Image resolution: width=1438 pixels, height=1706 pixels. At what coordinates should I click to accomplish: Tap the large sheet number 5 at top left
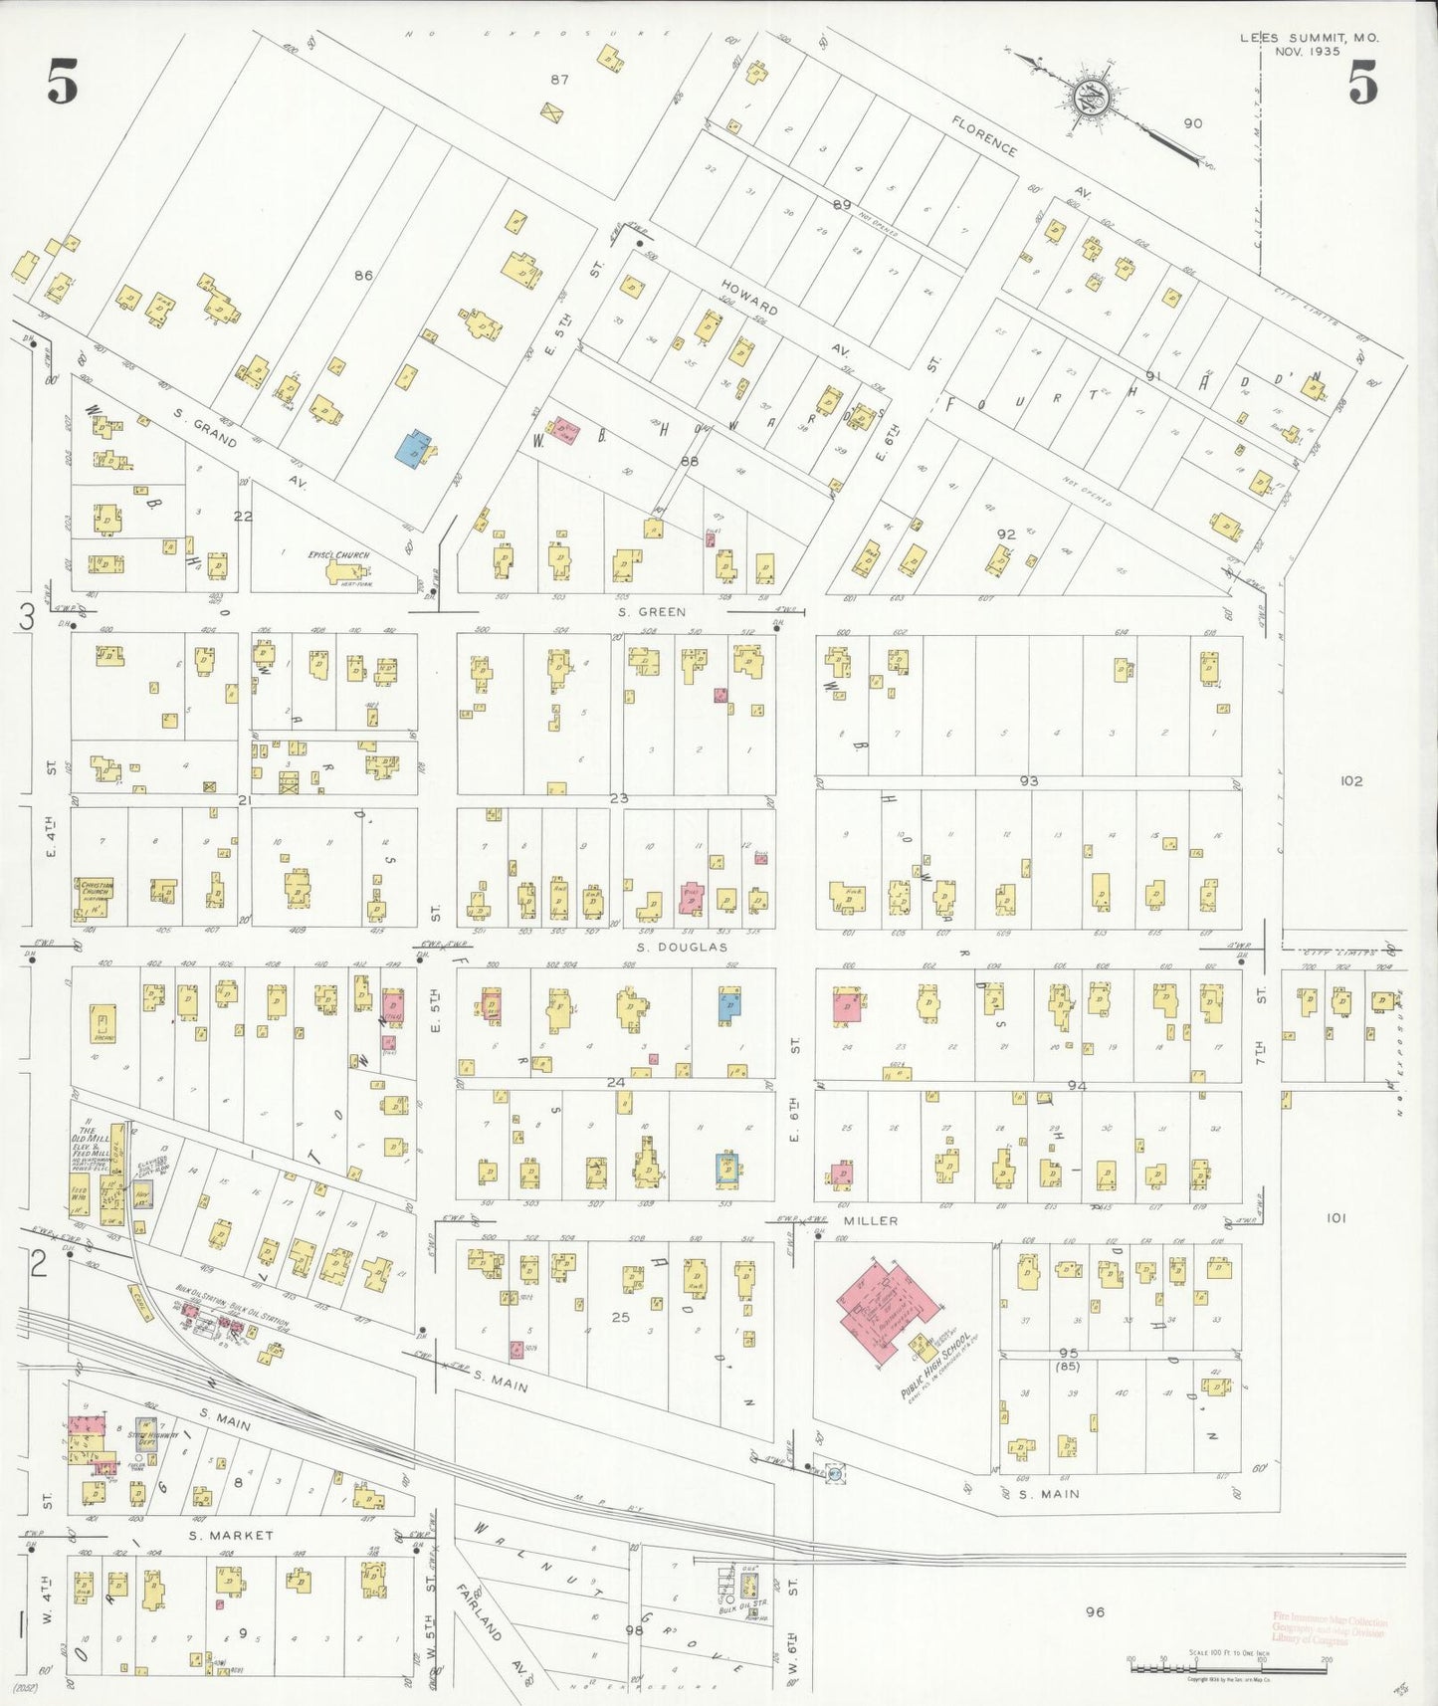pos(62,82)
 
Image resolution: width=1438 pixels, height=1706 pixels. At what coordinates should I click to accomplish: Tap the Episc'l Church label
pos(338,555)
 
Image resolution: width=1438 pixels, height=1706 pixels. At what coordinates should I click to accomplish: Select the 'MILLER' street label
pos(871,1220)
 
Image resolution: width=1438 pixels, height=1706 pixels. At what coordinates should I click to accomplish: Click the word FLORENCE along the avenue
pos(984,136)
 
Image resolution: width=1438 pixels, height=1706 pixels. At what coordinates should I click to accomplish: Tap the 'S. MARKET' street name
pos(231,1536)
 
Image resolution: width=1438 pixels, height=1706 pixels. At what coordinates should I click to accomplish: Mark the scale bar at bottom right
pos(1227,1664)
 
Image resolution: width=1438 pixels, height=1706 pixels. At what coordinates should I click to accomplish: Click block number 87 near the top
pos(559,80)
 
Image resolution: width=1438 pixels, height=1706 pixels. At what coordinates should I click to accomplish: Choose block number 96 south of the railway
pos(1095,1611)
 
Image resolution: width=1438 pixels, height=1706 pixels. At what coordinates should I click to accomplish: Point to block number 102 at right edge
pos(1350,781)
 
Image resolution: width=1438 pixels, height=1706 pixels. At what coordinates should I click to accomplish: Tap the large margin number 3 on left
pos(27,617)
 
